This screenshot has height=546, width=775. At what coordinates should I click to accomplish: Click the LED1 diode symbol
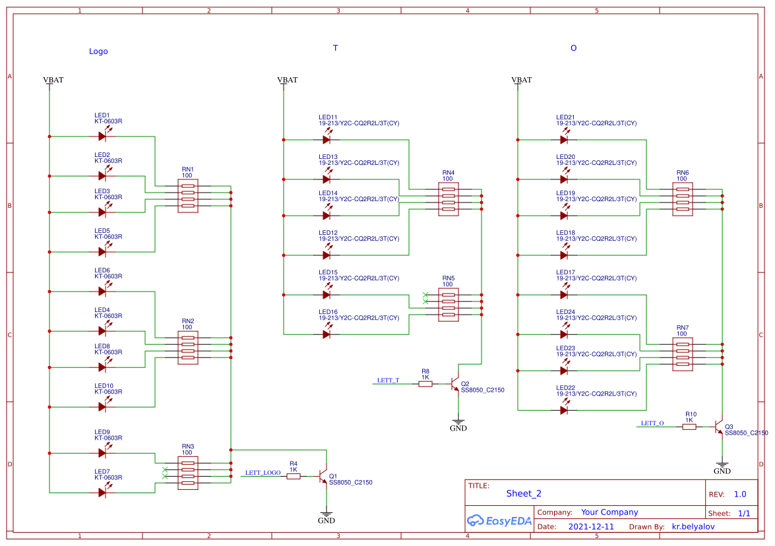pyautogui.click(x=102, y=136)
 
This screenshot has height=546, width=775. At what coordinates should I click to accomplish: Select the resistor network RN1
pyautogui.click(x=187, y=196)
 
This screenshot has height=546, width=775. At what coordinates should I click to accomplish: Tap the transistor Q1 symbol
pyautogui.click(x=323, y=476)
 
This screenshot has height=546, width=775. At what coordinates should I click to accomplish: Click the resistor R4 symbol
pyautogui.click(x=294, y=476)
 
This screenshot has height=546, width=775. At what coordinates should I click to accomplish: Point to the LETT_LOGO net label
pyautogui.click(x=263, y=473)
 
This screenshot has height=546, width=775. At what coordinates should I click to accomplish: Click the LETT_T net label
pyautogui.click(x=388, y=380)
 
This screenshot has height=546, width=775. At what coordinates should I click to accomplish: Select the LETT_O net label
pyautogui.click(x=652, y=423)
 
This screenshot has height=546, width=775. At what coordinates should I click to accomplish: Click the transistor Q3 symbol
pyautogui.click(x=719, y=427)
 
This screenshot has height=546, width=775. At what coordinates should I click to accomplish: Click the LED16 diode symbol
pyautogui.click(x=326, y=334)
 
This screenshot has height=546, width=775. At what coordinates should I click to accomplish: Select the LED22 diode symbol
pyautogui.click(x=564, y=410)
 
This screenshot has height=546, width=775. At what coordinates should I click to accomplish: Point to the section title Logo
pyautogui.click(x=98, y=51)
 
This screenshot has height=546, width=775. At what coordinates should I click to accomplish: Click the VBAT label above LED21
pyautogui.click(x=521, y=80)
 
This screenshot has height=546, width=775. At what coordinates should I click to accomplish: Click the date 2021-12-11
pyautogui.click(x=591, y=527)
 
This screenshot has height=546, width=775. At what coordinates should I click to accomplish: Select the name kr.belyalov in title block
pyautogui.click(x=693, y=527)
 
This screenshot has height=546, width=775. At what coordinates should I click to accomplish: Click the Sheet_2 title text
pyautogui.click(x=524, y=493)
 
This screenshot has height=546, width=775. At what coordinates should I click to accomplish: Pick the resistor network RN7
pyautogui.click(x=683, y=354)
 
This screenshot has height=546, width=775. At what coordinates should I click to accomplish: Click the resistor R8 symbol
pyautogui.click(x=425, y=384)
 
